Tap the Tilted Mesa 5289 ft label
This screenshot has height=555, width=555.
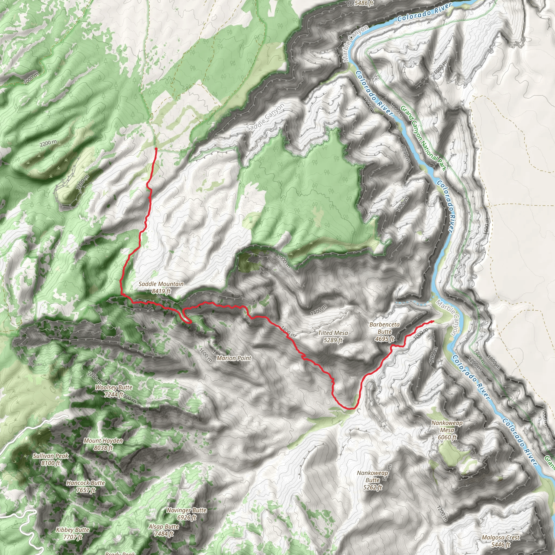pyautogui.click(x=333, y=336)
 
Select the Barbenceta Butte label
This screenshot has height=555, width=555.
pyautogui.click(x=384, y=331)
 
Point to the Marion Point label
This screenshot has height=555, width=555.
pyautogui.click(x=234, y=358)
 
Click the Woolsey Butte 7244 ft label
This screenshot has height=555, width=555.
pyautogui.click(x=114, y=391)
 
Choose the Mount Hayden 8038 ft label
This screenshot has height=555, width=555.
pyautogui.click(x=103, y=444)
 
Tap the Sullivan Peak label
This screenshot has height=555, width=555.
pyautogui.click(x=51, y=459)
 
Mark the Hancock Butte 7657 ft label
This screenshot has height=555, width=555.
pyautogui.click(x=86, y=486)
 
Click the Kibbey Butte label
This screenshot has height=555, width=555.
pyautogui.click(x=73, y=533)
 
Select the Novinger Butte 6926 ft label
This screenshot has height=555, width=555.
pyautogui.click(x=187, y=514)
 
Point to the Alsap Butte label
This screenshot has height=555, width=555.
pyautogui.click(x=164, y=530)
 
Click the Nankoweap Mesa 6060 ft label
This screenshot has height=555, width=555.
pyautogui.click(x=447, y=430)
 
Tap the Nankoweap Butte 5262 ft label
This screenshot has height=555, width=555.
pyautogui.click(x=373, y=480)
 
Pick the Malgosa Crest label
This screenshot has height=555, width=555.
pyautogui.click(x=501, y=541)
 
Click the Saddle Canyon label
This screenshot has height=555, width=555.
pyautogui.click(x=265, y=117)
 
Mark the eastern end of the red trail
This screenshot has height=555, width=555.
pyautogui.click(x=433, y=321)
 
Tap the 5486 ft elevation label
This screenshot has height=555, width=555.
pyautogui.click(x=364, y=4)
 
